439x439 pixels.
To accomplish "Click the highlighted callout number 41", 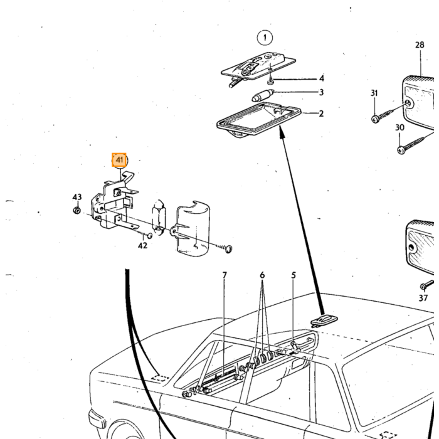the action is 119,160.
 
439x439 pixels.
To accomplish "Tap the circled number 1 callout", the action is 265,38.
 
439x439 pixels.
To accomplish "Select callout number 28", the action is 420,45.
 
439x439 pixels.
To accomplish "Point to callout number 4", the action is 322,78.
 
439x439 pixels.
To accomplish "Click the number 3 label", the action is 321,92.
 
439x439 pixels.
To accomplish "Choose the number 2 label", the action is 321,114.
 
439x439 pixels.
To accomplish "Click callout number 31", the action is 374,93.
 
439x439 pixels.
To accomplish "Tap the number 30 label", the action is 399,127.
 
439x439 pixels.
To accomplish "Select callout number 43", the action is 77,197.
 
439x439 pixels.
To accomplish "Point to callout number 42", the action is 142,246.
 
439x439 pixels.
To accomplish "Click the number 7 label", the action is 225,275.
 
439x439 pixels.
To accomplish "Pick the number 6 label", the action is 262,275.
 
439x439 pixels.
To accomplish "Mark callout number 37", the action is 423,298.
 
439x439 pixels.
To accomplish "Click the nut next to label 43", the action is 77,210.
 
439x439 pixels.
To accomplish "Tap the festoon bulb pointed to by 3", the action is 262,95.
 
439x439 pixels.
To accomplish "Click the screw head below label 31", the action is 375,119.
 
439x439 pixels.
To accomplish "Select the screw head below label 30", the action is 401,150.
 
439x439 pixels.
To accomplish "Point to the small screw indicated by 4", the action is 270,82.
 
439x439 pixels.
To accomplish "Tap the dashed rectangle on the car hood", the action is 160,378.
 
